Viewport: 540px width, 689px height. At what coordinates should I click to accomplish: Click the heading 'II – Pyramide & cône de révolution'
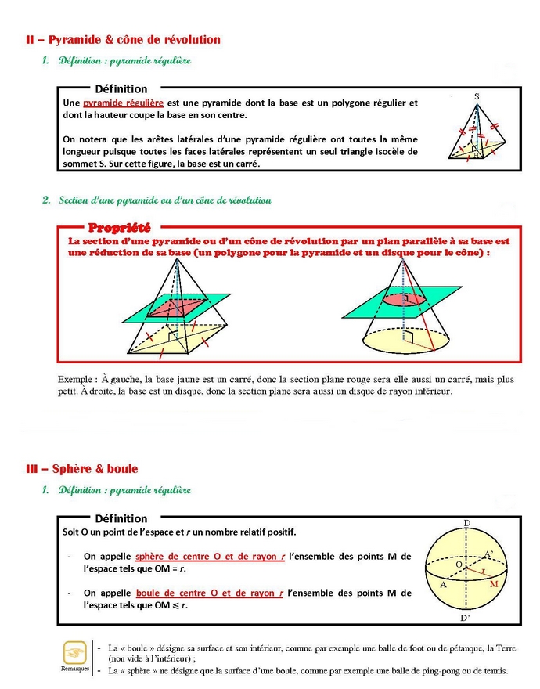coord(124,39)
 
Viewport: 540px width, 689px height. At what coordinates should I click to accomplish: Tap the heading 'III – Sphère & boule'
coord(82,469)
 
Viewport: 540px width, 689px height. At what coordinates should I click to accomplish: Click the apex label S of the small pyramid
coord(477,96)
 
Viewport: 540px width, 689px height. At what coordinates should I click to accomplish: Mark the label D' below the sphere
coord(466,619)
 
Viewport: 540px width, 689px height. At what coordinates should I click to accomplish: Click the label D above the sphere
coord(467,522)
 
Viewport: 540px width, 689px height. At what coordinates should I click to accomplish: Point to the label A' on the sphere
coord(488,554)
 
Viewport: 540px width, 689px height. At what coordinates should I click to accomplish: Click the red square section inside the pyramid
coord(181,306)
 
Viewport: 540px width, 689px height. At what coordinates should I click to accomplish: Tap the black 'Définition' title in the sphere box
coord(121,518)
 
